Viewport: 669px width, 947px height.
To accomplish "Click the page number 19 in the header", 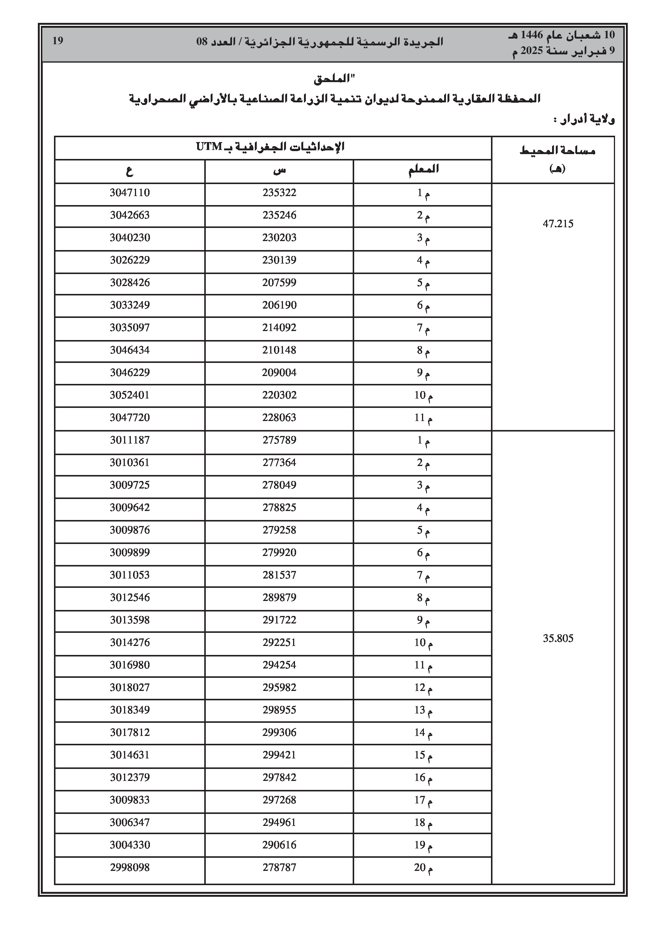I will pos(58,41).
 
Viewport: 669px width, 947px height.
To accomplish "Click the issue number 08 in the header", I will pos(202,42).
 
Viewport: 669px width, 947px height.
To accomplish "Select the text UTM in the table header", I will pos(209,147).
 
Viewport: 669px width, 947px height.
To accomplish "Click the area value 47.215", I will pos(558,224).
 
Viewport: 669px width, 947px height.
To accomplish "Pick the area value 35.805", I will pos(558,638).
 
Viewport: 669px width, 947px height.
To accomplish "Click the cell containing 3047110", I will pos(130,193).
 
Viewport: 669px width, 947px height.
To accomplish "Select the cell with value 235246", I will pos(279,215).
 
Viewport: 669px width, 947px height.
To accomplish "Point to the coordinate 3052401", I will pos(130,395).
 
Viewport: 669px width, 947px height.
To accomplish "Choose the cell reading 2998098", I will pos(130,868).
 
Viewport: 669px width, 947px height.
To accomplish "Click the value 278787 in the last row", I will pos(279,868).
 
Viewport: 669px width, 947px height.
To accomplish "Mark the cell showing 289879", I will pos(279,598).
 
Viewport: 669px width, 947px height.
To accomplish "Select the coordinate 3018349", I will pos(130,710).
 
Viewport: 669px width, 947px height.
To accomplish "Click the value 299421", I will pos(279,755).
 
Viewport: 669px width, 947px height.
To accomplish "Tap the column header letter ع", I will pos(130,170).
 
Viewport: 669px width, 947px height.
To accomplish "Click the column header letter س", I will pos(279,170).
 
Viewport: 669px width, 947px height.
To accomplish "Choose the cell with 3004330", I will pos(130,845).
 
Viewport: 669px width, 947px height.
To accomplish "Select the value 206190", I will pos(279,305).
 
